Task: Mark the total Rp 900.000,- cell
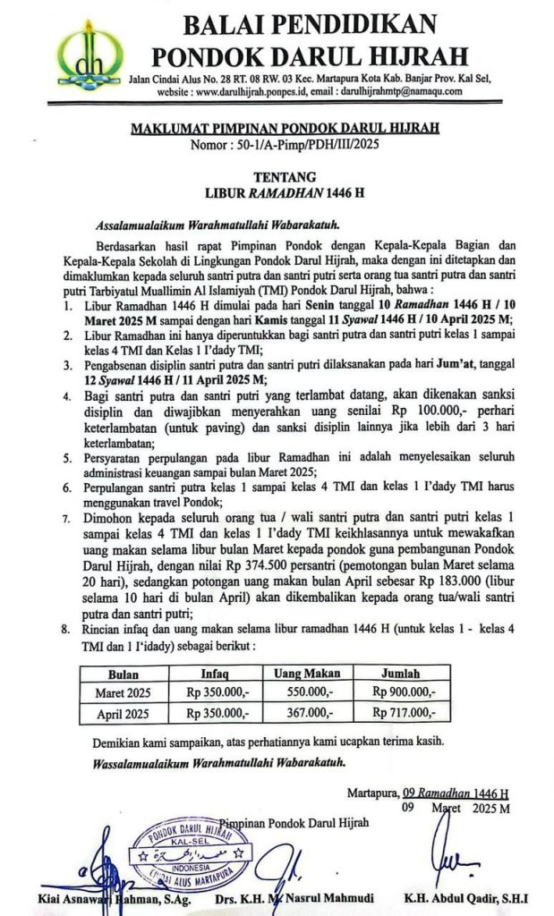(x=405, y=693)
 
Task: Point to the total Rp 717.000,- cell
(x=405, y=713)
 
